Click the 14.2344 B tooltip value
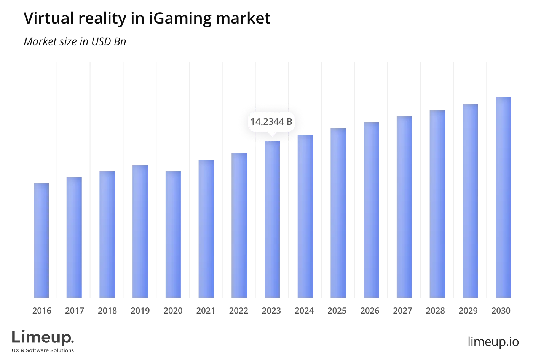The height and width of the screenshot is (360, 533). [x=271, y=122]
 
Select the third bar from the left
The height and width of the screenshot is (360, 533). [x=107, y=234]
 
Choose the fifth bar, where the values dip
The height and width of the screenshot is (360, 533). [x=174, y=234]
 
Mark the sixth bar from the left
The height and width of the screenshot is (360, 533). [x=207, y=228]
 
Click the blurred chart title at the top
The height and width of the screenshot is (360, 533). [x=147, y=18]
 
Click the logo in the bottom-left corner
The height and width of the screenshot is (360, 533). [x=44, y=339]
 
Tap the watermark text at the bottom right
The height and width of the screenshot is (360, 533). [x=493, y=341]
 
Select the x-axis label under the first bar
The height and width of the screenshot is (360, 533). [x=41, y=312]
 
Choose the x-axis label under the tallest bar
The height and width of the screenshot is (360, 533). [x=503, y=312]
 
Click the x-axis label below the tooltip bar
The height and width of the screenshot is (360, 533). [x=272, y=312]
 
